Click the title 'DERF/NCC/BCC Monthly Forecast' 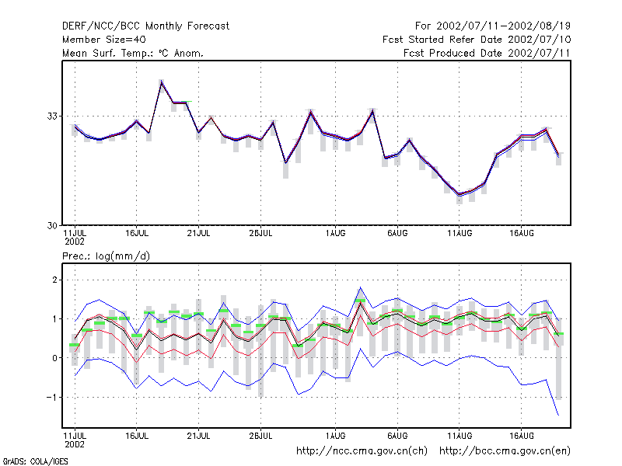click(145, 26)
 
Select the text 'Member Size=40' click(104, 40)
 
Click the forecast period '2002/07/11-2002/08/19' click(503, 26)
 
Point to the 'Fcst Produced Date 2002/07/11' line click(487, 53)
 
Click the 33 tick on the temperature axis click(52, 116)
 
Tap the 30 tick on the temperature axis click(52, 225)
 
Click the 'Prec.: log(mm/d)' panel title click(106, 256)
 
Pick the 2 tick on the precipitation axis click(54, 280)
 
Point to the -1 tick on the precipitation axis click(51, 397)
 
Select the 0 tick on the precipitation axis click(54, 358)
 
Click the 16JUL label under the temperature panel click(137, 234)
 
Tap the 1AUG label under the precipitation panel click(336, 436)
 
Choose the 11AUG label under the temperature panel click(460, 234)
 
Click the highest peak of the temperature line click(162, 82)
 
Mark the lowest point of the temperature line click(460, 195)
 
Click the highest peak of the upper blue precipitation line click(360, 287)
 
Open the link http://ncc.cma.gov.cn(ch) click(362, 451)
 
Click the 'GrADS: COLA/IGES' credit click(35, 461)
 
